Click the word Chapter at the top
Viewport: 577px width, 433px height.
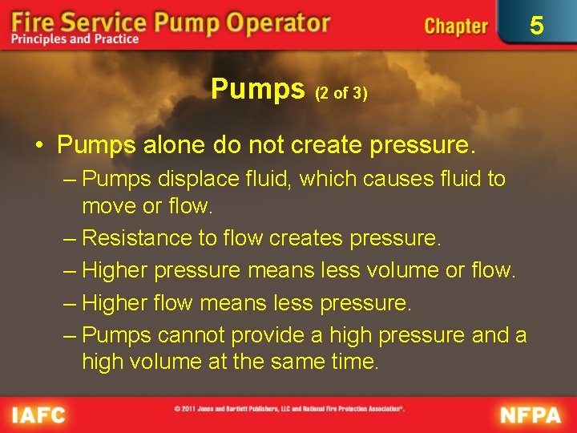coord(455,26)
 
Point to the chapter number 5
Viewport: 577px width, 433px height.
coord(537,26)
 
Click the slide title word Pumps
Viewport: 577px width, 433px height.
coord(258,89)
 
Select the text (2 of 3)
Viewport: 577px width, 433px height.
coord(341,93)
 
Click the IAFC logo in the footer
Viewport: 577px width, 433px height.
coord(39,415)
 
